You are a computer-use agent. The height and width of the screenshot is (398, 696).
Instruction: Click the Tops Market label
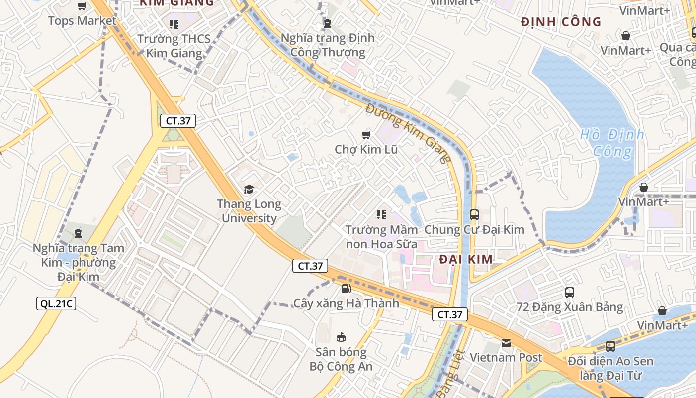82,21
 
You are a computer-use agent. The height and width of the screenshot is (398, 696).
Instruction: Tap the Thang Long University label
249,211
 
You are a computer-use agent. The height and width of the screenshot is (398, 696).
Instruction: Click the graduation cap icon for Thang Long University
249,189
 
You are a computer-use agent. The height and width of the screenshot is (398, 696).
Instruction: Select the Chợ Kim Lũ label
366,149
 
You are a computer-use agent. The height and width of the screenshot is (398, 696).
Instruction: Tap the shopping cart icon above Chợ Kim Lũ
366,135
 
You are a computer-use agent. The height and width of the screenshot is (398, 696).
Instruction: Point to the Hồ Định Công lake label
612,143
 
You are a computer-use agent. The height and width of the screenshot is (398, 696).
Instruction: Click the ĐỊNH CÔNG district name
561,22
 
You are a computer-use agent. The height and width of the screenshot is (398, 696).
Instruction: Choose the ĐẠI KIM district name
466,259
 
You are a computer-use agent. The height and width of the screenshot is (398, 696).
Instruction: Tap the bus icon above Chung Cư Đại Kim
474,215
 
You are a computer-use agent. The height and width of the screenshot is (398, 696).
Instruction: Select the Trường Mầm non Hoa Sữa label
382,237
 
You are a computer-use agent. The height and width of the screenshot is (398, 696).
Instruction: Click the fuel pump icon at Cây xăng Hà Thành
346,288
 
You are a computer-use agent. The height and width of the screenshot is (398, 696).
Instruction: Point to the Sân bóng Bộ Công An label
341,359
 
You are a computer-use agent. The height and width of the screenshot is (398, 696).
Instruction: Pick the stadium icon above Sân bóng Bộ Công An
341,337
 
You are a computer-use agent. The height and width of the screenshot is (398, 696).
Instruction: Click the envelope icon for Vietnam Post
506,343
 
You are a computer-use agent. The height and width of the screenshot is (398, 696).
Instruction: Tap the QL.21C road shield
56,303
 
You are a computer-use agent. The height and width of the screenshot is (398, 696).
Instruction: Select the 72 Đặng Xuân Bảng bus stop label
570,307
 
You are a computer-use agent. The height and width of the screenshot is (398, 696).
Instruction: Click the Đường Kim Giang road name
409,133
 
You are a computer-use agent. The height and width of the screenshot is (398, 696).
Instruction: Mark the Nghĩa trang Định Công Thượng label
328,45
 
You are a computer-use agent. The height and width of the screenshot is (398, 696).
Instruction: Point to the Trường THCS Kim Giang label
174,46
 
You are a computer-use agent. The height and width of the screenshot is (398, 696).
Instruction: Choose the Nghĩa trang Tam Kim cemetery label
79,262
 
